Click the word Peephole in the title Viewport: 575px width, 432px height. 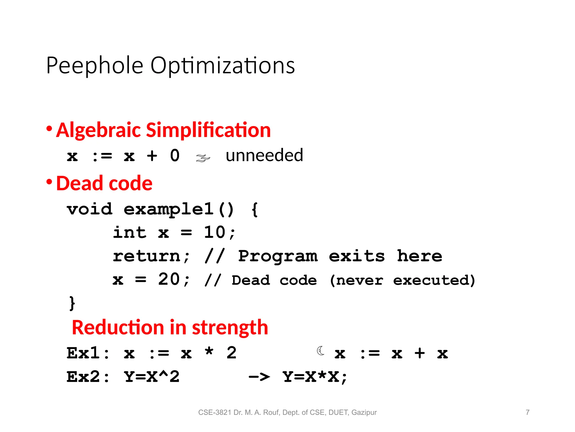coord(95,66)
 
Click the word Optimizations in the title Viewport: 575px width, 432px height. coord(222,66)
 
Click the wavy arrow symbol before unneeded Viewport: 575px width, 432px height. coord(203,158)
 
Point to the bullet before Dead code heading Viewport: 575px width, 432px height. coord(49,182)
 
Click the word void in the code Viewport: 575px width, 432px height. coord(90,209)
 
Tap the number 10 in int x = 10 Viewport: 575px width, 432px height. coord(215,233)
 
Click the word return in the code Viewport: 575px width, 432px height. coord(147,256)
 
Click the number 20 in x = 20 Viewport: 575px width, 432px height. coord(169,279)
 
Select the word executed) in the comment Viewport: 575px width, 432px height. coord(434,280)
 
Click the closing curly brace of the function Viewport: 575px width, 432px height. coord(72,303)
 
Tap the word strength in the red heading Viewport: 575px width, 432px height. coord(230,328)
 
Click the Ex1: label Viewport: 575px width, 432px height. coord(88,353)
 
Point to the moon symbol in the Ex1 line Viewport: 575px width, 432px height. coord(321,351)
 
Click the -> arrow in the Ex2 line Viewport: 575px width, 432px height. coord(259,377)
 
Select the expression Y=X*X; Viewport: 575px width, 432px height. coord(315,377)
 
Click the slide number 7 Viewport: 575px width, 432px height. coord(528,412)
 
